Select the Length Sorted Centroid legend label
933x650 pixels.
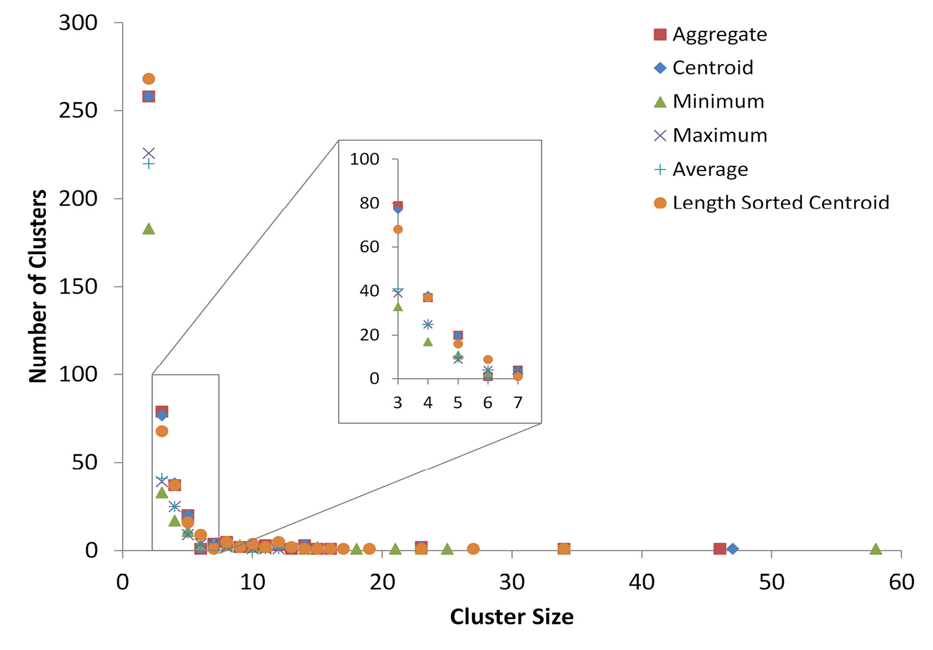780,203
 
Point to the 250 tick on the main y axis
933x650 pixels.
78,110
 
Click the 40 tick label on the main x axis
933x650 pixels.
641,582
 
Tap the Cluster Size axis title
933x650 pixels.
512,617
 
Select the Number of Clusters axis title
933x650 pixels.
38,286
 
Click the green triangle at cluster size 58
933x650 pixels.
875,549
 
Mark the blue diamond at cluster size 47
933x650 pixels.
733,549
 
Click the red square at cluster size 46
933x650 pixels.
720,549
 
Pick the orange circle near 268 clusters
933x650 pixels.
148,79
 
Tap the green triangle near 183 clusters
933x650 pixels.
148,229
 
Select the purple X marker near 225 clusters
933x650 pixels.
148,153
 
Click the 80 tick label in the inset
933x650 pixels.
369,203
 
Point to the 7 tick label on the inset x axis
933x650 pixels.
517,402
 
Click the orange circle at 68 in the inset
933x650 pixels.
398,229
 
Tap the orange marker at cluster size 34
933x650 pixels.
564,549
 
